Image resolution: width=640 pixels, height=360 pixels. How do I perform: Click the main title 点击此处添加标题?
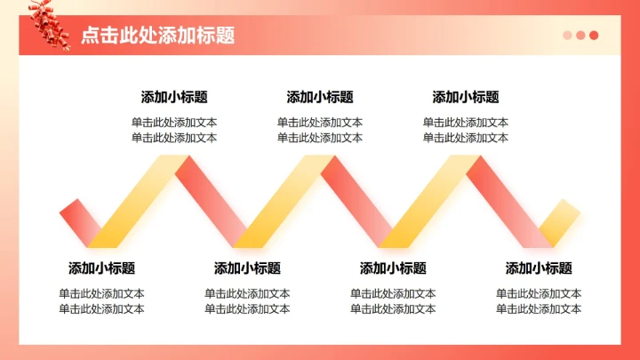tap(157, 36)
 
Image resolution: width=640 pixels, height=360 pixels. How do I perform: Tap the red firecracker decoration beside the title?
tap(50, 25)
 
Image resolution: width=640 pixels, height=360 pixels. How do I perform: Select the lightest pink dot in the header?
tap(567, 36)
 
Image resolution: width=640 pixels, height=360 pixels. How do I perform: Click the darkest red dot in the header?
tap(594, 36)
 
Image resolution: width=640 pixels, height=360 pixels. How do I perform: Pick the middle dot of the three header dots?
tap(580, 36)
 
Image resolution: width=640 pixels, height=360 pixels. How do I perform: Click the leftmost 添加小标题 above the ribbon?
tap(174, 97)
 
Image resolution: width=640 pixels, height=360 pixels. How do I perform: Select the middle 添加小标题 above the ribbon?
tap(320, 97)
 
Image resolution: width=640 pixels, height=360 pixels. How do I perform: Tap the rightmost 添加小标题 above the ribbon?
tap(466, 97)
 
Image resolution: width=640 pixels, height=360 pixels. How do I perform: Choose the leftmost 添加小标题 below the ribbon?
tap(101, 268)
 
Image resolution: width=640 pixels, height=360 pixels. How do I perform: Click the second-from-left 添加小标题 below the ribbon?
tap(247, 268)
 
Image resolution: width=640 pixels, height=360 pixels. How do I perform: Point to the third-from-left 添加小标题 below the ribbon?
tap(393, 268)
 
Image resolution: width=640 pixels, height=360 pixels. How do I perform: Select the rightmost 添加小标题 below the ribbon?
tap(539, 268)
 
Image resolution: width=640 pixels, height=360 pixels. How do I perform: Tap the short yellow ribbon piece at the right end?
tap(560, 222)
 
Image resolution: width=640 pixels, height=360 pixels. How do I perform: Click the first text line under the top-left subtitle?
tap(174, 123)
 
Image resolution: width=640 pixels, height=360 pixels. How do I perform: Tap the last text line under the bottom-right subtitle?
tap(539, 308)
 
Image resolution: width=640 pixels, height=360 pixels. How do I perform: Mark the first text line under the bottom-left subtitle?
tap(101, 293)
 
